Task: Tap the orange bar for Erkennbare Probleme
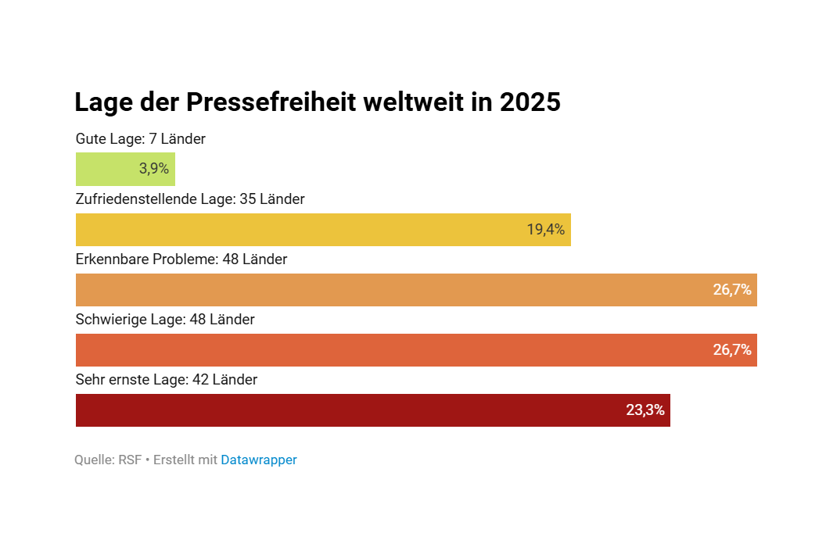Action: [x=391, y=290]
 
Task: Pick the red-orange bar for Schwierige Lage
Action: [x=391, y=350]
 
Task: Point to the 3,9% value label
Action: [x=154, y=169]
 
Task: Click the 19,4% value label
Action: [x=545, y=230]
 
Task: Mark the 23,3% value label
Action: [x=645, y=410]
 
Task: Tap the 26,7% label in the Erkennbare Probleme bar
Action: [x=732, y=290]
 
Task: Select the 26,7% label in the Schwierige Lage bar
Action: [x=732, y=350]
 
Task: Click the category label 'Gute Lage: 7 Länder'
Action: [x=141, y=139]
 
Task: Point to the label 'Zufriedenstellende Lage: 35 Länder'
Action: [x=190, y=199]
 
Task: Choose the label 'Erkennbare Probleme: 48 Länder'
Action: [x=181, y=259]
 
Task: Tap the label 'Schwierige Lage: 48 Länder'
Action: [x=165, y=320]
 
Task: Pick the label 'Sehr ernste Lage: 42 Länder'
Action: [x=167, y=380]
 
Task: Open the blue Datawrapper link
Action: [x=259, y=460]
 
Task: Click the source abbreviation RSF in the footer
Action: [x=130, y=460]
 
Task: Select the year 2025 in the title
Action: [x=530, y=102]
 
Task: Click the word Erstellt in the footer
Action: [x=174, y=460]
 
